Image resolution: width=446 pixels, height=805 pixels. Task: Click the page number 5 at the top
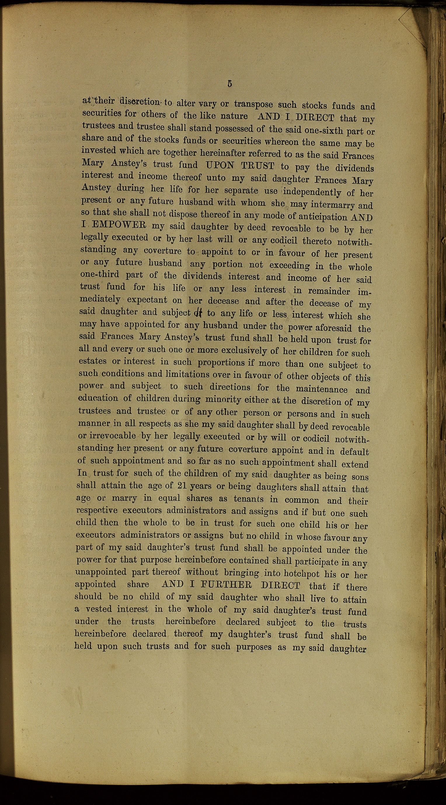230,84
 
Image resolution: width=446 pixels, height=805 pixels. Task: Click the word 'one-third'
100,274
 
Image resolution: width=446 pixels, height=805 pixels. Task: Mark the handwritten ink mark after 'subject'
198,313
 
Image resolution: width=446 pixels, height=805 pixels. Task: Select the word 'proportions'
221,363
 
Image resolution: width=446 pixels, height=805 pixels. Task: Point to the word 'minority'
223,400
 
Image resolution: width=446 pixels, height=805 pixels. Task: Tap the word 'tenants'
248,499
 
